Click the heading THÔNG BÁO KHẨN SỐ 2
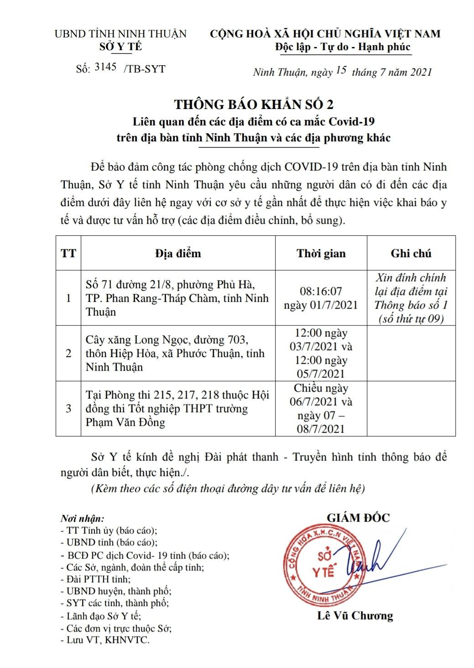[x=253, y=104]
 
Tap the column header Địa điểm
[x=177, y=253]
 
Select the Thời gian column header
[x=321, y=253]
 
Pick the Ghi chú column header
[x=411, y=253]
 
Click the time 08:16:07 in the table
[x=321, y=291]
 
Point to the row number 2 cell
[x=68, y=353]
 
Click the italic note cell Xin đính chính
[x=411, y=298]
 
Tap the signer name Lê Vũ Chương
[x=355, y=616]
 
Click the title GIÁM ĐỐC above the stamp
[x=358, y=518]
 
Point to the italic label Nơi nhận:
[x=82, y=519]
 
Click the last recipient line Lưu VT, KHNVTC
[x=105, y=640]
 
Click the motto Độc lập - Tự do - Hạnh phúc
[x=343, y=47]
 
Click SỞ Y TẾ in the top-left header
[x=120, y=47]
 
